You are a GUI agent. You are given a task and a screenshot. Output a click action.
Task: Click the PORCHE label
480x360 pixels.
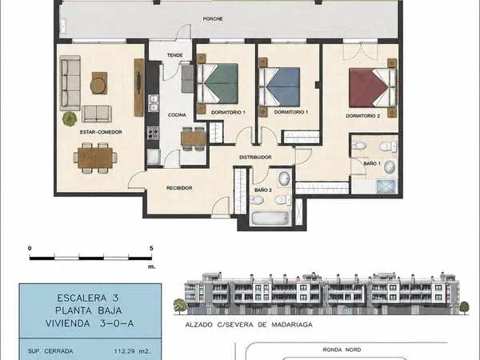[213, 19]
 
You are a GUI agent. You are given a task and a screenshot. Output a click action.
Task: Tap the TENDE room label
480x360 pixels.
[174, 55]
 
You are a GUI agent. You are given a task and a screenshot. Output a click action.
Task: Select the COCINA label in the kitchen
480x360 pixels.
[177, 115]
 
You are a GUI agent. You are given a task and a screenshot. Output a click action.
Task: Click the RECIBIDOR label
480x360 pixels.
[179, 188]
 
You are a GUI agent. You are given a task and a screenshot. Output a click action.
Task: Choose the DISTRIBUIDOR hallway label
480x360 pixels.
[255, 158]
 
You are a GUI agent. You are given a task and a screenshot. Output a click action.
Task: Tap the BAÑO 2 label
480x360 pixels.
[263, 190]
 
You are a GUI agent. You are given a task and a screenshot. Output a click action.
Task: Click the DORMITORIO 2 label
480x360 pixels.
[362, 116]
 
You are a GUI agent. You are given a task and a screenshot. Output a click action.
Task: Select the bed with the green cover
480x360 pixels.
[218, 83]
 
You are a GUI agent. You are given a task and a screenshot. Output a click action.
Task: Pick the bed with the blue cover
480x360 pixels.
[279, 87]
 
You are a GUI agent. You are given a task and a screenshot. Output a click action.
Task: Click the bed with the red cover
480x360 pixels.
[373, 87]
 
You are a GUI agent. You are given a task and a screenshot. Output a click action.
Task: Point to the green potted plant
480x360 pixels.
[70, 118]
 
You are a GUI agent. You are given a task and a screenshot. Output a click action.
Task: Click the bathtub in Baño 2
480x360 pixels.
[270, 218]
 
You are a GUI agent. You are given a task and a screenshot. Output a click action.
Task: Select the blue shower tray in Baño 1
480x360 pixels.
[386, 186]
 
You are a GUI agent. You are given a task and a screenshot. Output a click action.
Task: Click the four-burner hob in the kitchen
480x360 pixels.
[153, 133]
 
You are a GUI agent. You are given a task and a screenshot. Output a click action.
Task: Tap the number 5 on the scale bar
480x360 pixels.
[151, 248]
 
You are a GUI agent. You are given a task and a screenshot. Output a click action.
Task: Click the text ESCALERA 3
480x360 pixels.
[88, 298]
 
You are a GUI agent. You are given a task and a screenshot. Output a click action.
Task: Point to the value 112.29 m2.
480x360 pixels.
[132, 351]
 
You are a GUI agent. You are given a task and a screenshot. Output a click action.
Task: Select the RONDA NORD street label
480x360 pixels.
[342, 350]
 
